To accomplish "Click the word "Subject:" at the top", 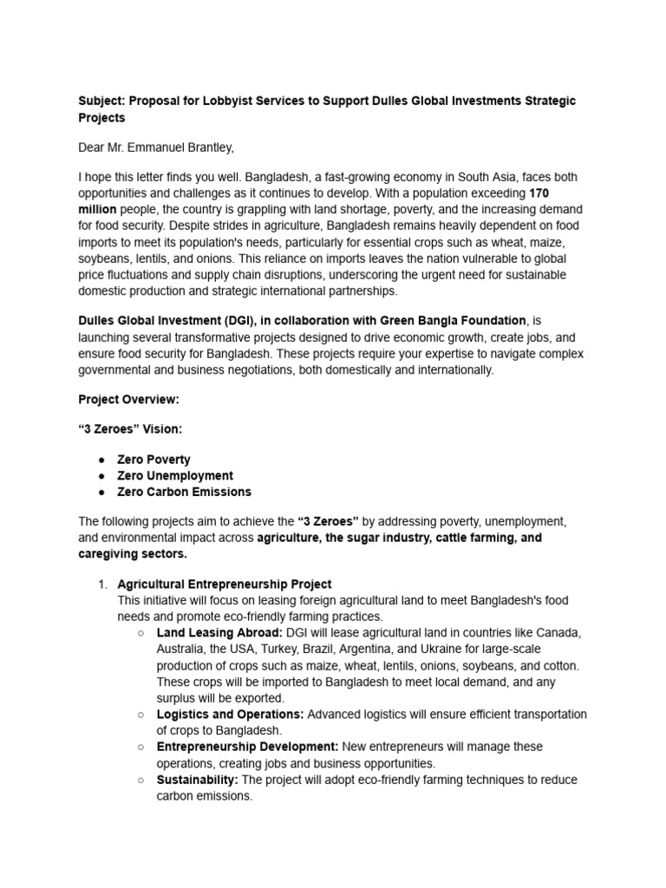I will [x=101, y=101].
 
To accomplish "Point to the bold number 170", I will [x=538, y=193].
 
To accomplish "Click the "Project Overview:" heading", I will [x=128, y=400].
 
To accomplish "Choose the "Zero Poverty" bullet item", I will [x=153, y=460].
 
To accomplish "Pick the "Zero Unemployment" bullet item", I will [x=175, y=475].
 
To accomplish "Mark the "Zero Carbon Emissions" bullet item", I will [x=184, y=492].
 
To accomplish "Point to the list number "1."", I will [x=101, y=584].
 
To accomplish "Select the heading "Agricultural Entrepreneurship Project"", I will [x=225, y=584].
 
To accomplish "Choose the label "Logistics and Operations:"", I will [x=230, y=715].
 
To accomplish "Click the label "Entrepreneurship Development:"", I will [x=247, y=747].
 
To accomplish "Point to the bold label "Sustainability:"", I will [x=197, y=780].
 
